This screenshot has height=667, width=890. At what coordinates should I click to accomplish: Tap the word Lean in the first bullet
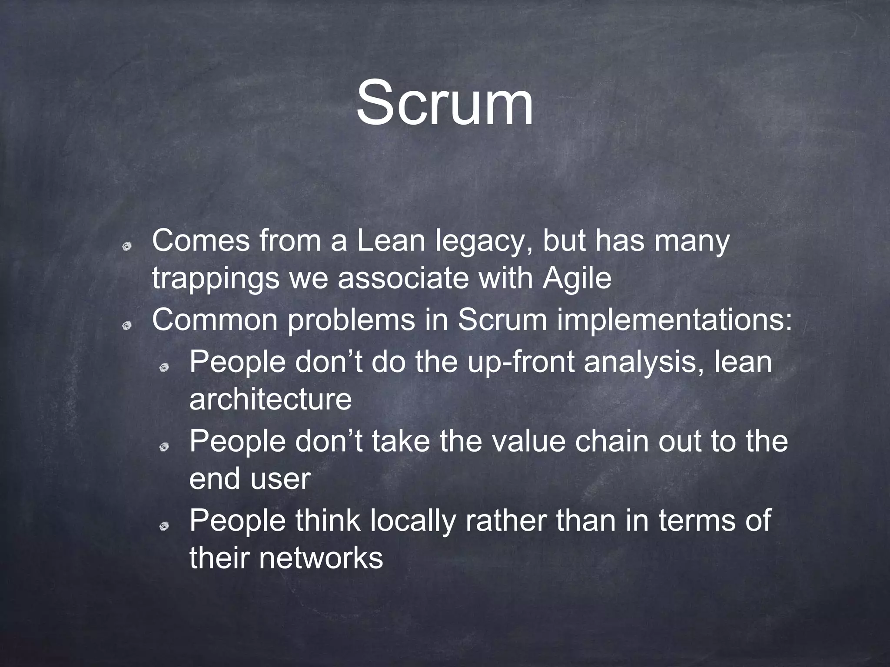point(391,241)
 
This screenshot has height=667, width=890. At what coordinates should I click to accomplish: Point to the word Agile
point(577,280)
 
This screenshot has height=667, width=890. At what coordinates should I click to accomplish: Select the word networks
point(321,558)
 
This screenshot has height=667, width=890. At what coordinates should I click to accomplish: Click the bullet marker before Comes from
point(127,247)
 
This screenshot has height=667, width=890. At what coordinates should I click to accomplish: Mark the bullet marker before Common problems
point(127,325)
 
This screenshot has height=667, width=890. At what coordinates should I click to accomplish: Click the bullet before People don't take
point(164,447)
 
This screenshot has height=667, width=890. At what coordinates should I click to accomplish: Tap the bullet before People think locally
point(164,527)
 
